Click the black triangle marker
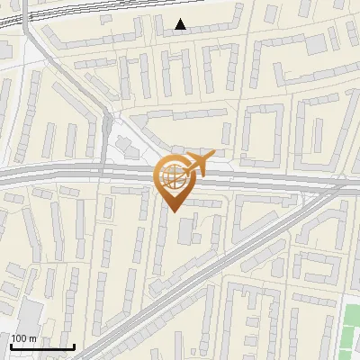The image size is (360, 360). coord(181,24)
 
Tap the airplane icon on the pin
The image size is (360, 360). coord(196,164)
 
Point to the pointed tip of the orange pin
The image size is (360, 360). coord(173,211)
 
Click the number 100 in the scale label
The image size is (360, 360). coord(19,337)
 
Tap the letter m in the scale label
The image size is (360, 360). coord(33,337)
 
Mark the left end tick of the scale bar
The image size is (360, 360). coord(11,346)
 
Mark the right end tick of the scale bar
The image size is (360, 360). coord(74,346)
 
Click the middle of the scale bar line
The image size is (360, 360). coord(42,347)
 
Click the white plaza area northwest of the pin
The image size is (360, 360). coord(126,148)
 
